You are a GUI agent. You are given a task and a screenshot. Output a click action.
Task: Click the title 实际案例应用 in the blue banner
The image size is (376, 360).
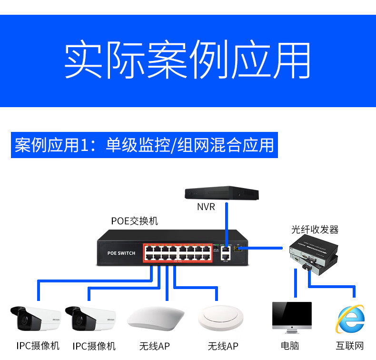[188, 61]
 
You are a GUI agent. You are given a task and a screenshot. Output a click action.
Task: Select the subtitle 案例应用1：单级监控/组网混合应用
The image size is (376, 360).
[144, 145]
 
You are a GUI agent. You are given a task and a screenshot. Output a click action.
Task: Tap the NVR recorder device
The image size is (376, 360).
[222, 193]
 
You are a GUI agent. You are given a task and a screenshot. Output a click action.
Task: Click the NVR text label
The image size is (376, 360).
[206, 207]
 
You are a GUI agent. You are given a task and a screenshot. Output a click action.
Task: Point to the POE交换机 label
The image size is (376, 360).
[135, 221]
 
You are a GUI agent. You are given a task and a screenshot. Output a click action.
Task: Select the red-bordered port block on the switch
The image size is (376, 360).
[177, 253]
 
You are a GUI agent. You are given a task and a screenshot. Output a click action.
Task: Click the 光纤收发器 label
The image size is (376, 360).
[315, 230]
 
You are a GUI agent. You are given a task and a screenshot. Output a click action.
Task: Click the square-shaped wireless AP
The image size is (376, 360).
[156, 318]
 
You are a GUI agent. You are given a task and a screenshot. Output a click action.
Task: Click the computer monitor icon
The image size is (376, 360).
[291, 316]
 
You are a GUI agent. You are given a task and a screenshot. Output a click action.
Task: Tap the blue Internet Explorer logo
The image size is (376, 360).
[350, 319]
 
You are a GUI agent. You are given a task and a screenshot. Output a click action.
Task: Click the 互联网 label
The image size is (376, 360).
[350, 346]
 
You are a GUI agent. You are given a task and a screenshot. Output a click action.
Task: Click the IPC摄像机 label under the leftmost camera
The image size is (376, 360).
[38, 346]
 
